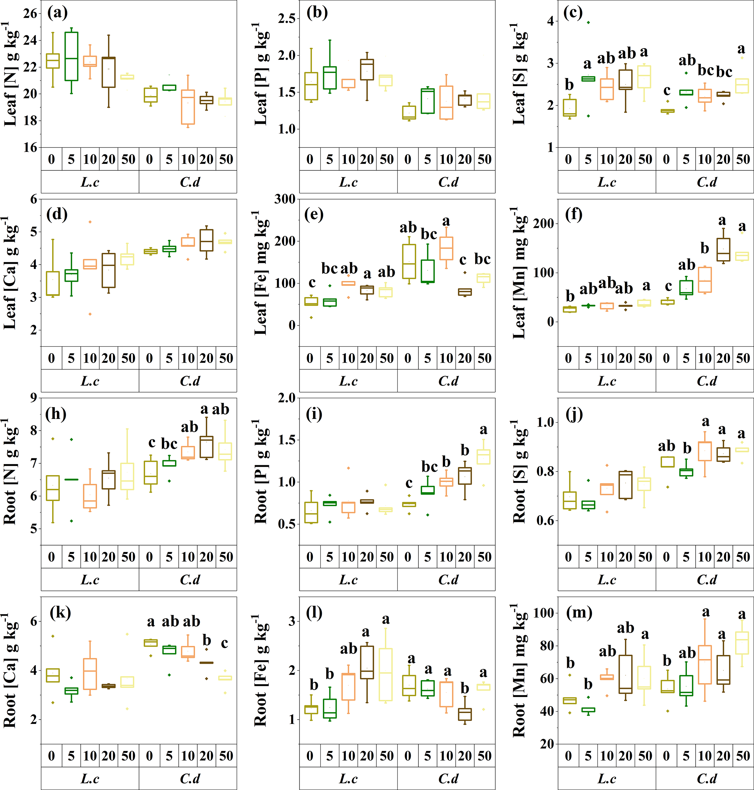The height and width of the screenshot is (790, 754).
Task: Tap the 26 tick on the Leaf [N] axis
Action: [x=30, y=14]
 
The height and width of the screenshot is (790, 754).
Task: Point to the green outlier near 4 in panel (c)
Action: [x=588, y=23]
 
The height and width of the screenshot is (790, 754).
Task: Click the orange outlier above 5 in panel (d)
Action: [x=90, y=222]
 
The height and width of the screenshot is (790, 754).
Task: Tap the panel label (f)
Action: [x=573, y=214]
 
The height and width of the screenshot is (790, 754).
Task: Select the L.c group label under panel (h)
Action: [x=90, y=579]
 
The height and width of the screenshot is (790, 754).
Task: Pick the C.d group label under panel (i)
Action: [x=448, y=579]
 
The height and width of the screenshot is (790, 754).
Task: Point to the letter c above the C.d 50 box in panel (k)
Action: [x=225, y=643]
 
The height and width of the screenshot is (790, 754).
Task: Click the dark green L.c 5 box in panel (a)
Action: [x=71, y=56]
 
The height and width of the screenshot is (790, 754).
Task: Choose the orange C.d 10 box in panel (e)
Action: [x=446, y=248]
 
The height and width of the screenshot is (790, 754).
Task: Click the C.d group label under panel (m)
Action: [x=707, y=778]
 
